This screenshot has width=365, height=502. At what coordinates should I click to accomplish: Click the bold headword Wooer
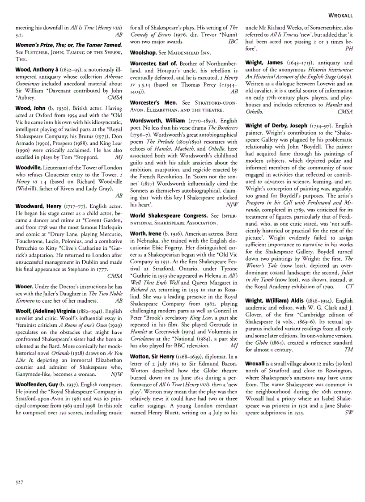pos(25,286)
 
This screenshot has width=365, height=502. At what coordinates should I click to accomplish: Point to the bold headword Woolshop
pos(143,52)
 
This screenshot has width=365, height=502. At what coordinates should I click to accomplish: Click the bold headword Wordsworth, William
pos(157,121)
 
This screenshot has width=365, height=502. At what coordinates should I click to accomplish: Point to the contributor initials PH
pos(349,48)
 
